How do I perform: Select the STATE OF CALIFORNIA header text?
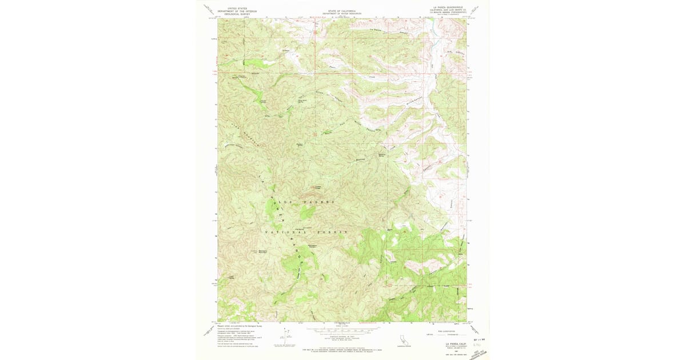(342, 10)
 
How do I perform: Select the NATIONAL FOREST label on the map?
(306, 233)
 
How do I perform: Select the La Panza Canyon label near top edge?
(381, 31)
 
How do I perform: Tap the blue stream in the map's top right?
(437, 29)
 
